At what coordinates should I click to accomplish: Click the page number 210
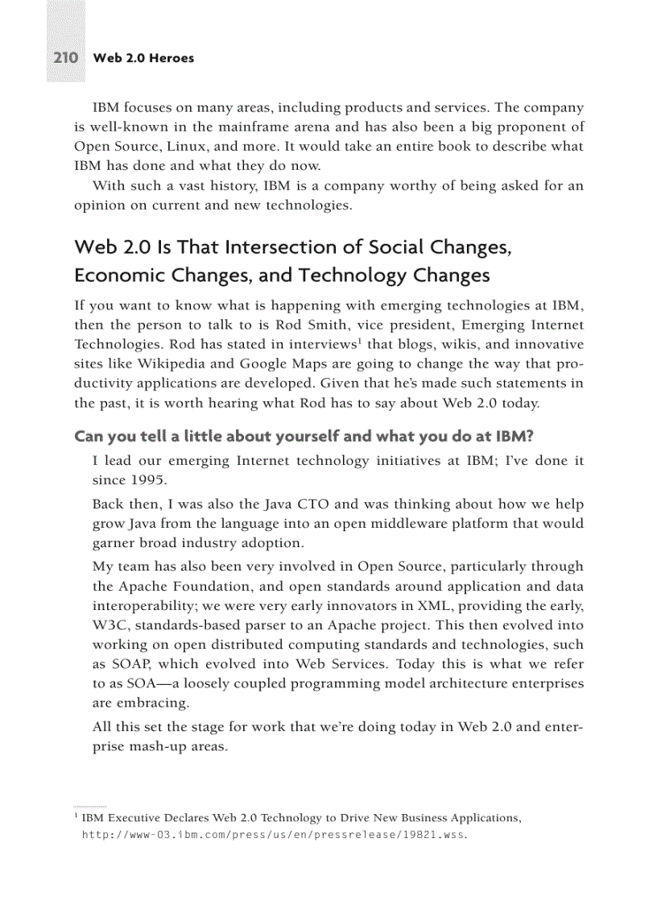[65, 58]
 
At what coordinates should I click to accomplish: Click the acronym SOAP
[132, 663]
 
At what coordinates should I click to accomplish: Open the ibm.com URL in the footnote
[274, 835]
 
